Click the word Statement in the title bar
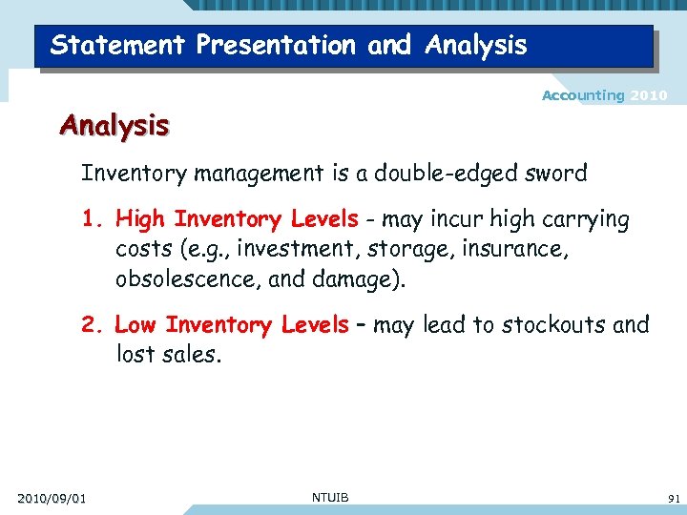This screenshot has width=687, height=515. click(107, 45)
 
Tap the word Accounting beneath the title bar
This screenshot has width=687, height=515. click(583, 95)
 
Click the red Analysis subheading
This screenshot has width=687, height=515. click(114, 125)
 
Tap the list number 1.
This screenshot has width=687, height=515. click(90, 220)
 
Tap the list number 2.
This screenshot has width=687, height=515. click(90, 325)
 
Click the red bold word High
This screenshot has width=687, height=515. click(140, 220)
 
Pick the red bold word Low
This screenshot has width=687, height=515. click(135, 325)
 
